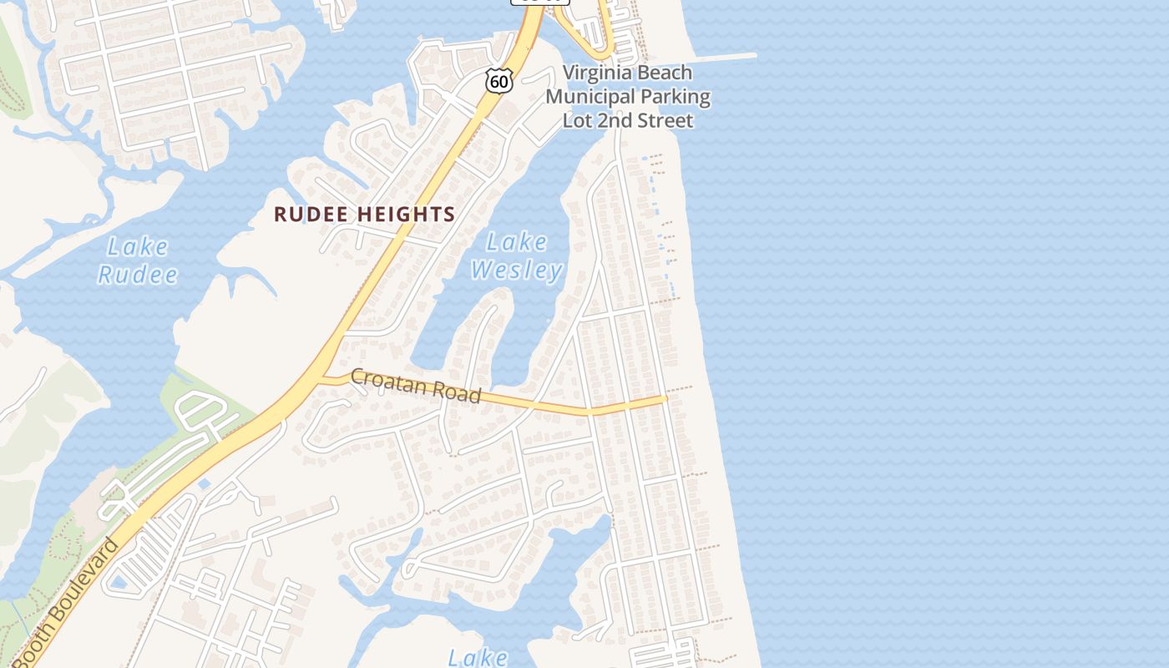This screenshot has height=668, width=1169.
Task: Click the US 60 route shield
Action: [x=498, y=80]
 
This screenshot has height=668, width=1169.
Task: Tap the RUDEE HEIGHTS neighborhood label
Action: [x=365, y=215]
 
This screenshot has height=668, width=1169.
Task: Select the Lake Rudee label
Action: [x=138, y=261]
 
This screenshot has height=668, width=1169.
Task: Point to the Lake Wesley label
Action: [x=517, y=256]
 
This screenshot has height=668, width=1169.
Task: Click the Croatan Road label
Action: [x=416, y=386]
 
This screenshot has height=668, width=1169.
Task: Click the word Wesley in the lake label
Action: [x=517, y=271]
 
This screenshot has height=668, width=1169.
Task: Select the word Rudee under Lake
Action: [x=138, y=274]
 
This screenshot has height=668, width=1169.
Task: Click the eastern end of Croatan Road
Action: [x=665, y=398]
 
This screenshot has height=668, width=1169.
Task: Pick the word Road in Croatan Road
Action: [x=458, y=392]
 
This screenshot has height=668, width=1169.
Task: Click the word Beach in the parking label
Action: [x=664, y=73]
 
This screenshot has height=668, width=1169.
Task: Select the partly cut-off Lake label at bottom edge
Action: [x=478, y=658]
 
